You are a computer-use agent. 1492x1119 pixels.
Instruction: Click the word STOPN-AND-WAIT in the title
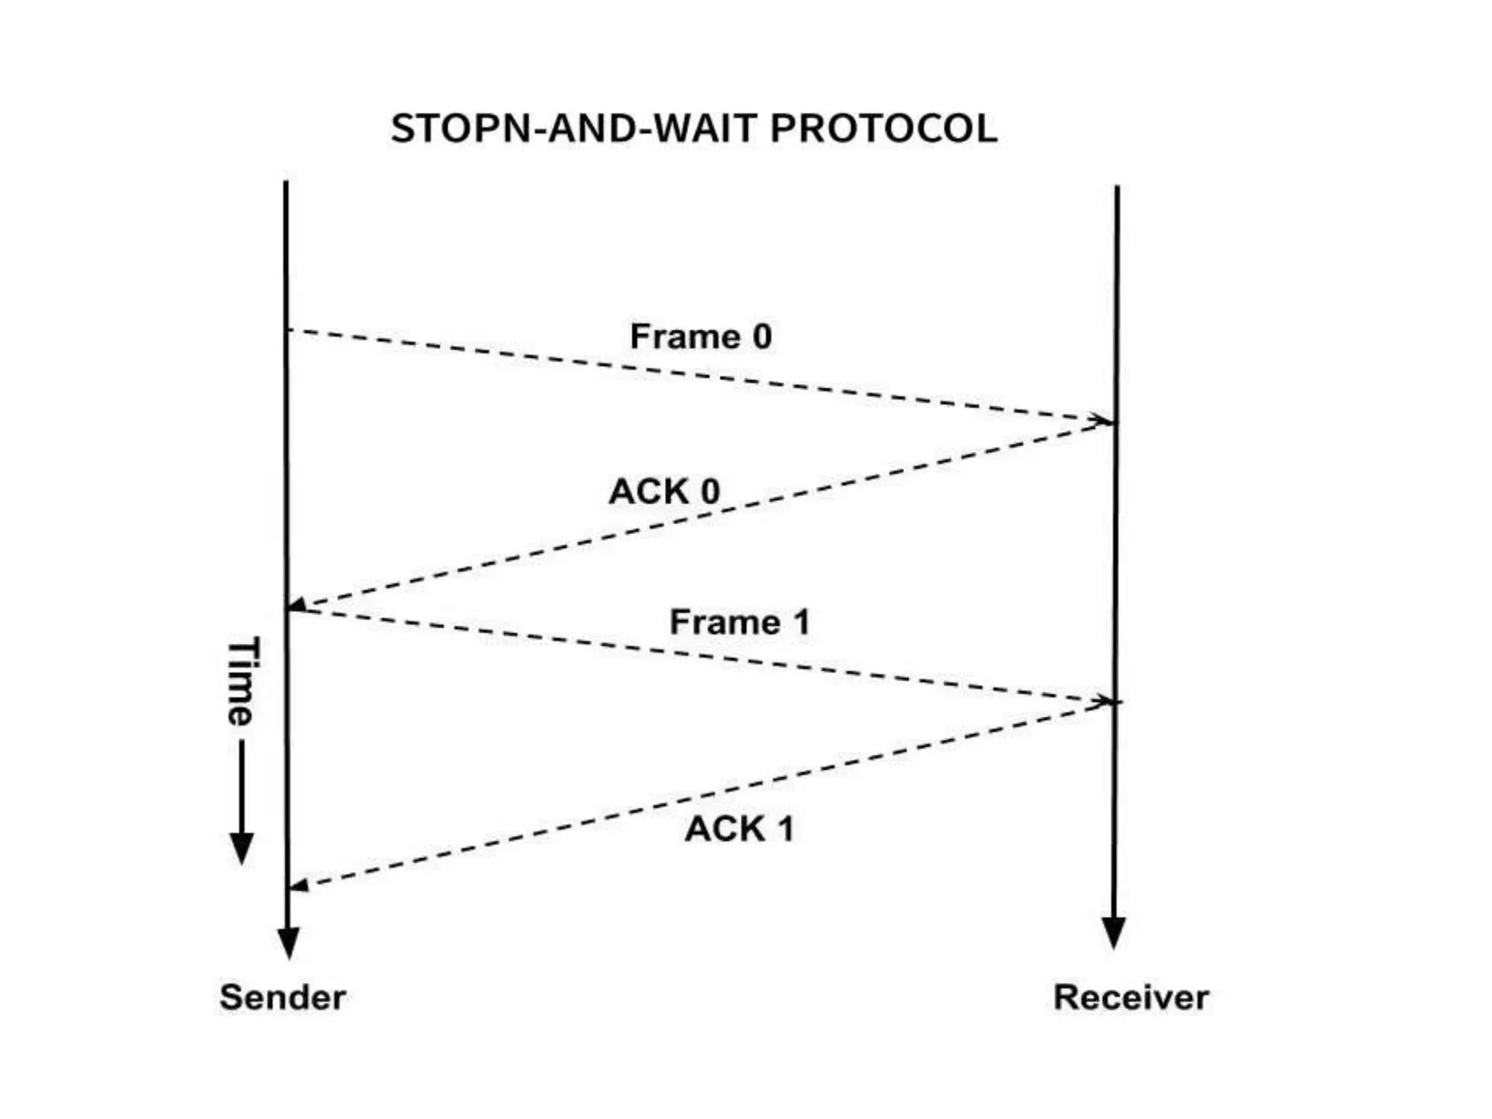[x=575, y=129]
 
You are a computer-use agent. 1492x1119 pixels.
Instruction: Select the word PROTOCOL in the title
[x=883, y=129]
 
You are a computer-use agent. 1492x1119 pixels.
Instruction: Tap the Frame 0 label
[x=700, y=337]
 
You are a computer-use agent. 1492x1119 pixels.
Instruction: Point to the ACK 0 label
[x=664, y=491]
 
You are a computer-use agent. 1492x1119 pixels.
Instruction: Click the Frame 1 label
[x=739, y=622]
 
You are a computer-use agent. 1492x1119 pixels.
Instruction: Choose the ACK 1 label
[x=739, y=828]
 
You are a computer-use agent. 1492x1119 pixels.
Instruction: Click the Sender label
[x=283, y=997]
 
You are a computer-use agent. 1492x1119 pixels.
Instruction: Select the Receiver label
[x=1131, y=997]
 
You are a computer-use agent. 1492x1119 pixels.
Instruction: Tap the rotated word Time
[x=241, y=681]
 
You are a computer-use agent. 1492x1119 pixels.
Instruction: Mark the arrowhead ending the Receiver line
[x=1113, y=933]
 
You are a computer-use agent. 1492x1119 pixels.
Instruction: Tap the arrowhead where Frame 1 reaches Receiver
[x=1103, y=701]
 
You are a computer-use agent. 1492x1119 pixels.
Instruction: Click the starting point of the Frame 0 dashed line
[x=289, y=330]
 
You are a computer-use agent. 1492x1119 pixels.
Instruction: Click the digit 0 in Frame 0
[x=761, y=337]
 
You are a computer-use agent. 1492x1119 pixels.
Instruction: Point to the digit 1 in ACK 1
[x=785, y=828]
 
